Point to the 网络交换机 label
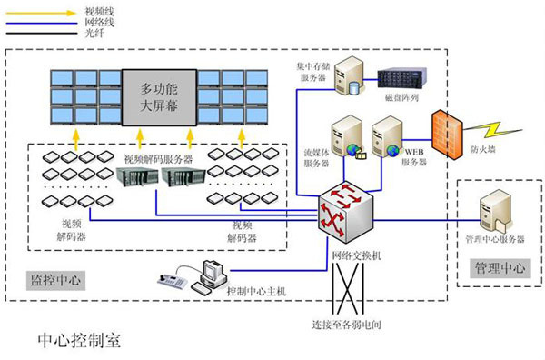pyautogui.click(x=358, y=256)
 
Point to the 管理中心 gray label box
pyautogui.click(x=500, y=269)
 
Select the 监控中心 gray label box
pyautogui.click(x=55, y=281)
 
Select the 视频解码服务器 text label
pyautogui.click(x=158, y=157)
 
